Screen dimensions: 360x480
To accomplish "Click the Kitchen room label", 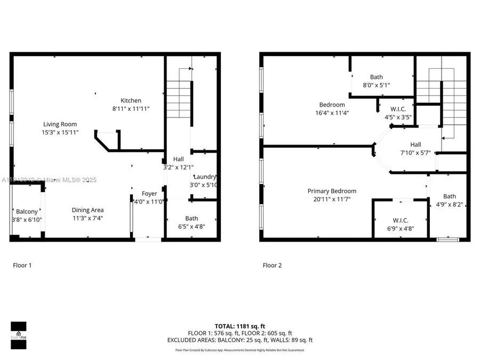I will [x=131, y=100].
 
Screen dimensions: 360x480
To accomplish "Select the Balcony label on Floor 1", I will [x=27, y=212].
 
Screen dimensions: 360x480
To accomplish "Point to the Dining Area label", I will [x=88, y=210].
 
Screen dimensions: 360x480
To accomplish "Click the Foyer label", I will [x=149, y=194].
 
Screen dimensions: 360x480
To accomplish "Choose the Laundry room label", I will [x=205, y=177].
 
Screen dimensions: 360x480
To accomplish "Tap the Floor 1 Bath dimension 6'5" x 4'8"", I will [x=191, y=226].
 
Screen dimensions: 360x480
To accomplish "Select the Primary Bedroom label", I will [x=332, y=191].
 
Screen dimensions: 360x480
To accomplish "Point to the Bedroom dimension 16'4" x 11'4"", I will [x=332, y=113].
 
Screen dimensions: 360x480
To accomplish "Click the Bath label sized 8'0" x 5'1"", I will [x=377, y=77].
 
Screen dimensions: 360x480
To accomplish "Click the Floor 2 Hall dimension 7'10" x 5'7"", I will [x=415, y=153].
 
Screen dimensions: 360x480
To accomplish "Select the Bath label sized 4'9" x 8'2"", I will [x=450, y=196].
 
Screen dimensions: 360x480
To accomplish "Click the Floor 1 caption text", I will [x=22, y=265].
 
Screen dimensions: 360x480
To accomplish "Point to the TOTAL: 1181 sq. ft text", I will [x=240, y=325].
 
